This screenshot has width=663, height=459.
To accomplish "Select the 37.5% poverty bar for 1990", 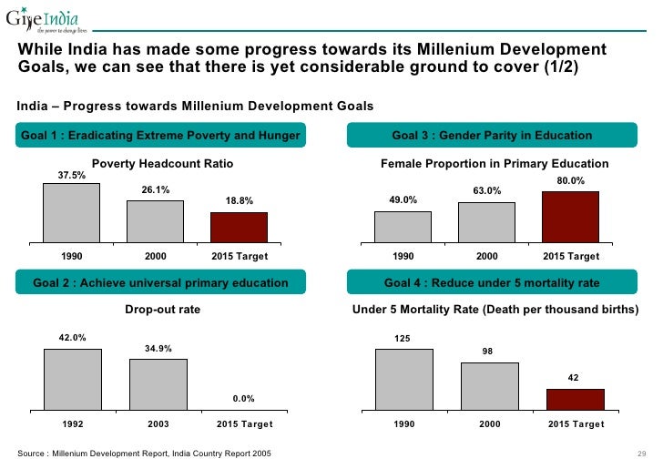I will tap(71, 212).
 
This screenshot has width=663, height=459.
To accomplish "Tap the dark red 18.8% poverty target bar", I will tap(239, 227).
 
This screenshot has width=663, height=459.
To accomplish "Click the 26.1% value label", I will tap(156, 189).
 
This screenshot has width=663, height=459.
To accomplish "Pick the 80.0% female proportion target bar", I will tap(570, 216).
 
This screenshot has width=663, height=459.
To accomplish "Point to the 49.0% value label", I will tap(403, 200).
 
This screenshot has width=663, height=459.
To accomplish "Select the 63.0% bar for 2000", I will tap(487, 221).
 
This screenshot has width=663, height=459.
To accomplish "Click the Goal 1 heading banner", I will tap(160, 136).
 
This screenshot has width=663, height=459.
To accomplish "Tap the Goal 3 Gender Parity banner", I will tap(492, 136).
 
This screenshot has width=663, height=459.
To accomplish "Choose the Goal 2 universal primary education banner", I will tap(160, 283).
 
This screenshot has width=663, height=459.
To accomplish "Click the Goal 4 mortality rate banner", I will tap(492, 283).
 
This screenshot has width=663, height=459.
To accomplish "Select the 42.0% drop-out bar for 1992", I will tap(73, 380).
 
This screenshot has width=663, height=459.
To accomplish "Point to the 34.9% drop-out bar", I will tap(158, 384).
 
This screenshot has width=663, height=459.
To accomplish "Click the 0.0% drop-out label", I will tap(242, 398).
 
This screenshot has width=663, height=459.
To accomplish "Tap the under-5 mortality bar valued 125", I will tap(403, 380).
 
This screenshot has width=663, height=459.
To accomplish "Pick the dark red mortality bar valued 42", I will tap(575, 400).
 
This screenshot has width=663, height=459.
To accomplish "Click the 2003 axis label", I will tap(158, 424).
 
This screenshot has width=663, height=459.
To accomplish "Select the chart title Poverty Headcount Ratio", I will tap(163, 164).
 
